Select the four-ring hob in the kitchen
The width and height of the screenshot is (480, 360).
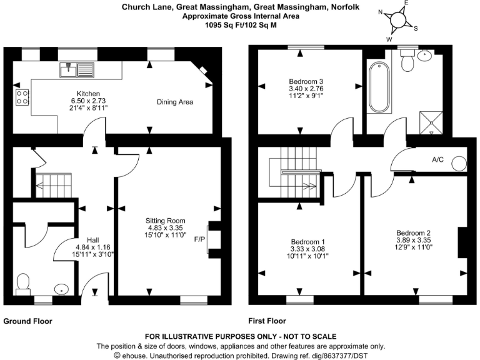click(x=21, y=97)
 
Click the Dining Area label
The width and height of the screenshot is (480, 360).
click(x=174, y=102)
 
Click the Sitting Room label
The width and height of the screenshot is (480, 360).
click(x=166, y=221)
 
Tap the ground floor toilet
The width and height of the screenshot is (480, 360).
click(x=24, y=282)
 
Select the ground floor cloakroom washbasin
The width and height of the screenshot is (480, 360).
click(x=61, y=289)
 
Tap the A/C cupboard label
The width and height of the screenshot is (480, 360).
click(x=438, y=159)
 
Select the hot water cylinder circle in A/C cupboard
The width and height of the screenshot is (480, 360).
click(x=459, y=164)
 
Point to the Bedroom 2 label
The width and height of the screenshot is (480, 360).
click(x=413, y=232)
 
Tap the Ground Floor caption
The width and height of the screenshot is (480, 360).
click(x=28, y=321)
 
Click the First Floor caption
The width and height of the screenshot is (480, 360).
click(x=267, y=321)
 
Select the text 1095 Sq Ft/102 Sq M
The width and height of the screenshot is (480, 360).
click(x=241, y=26)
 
